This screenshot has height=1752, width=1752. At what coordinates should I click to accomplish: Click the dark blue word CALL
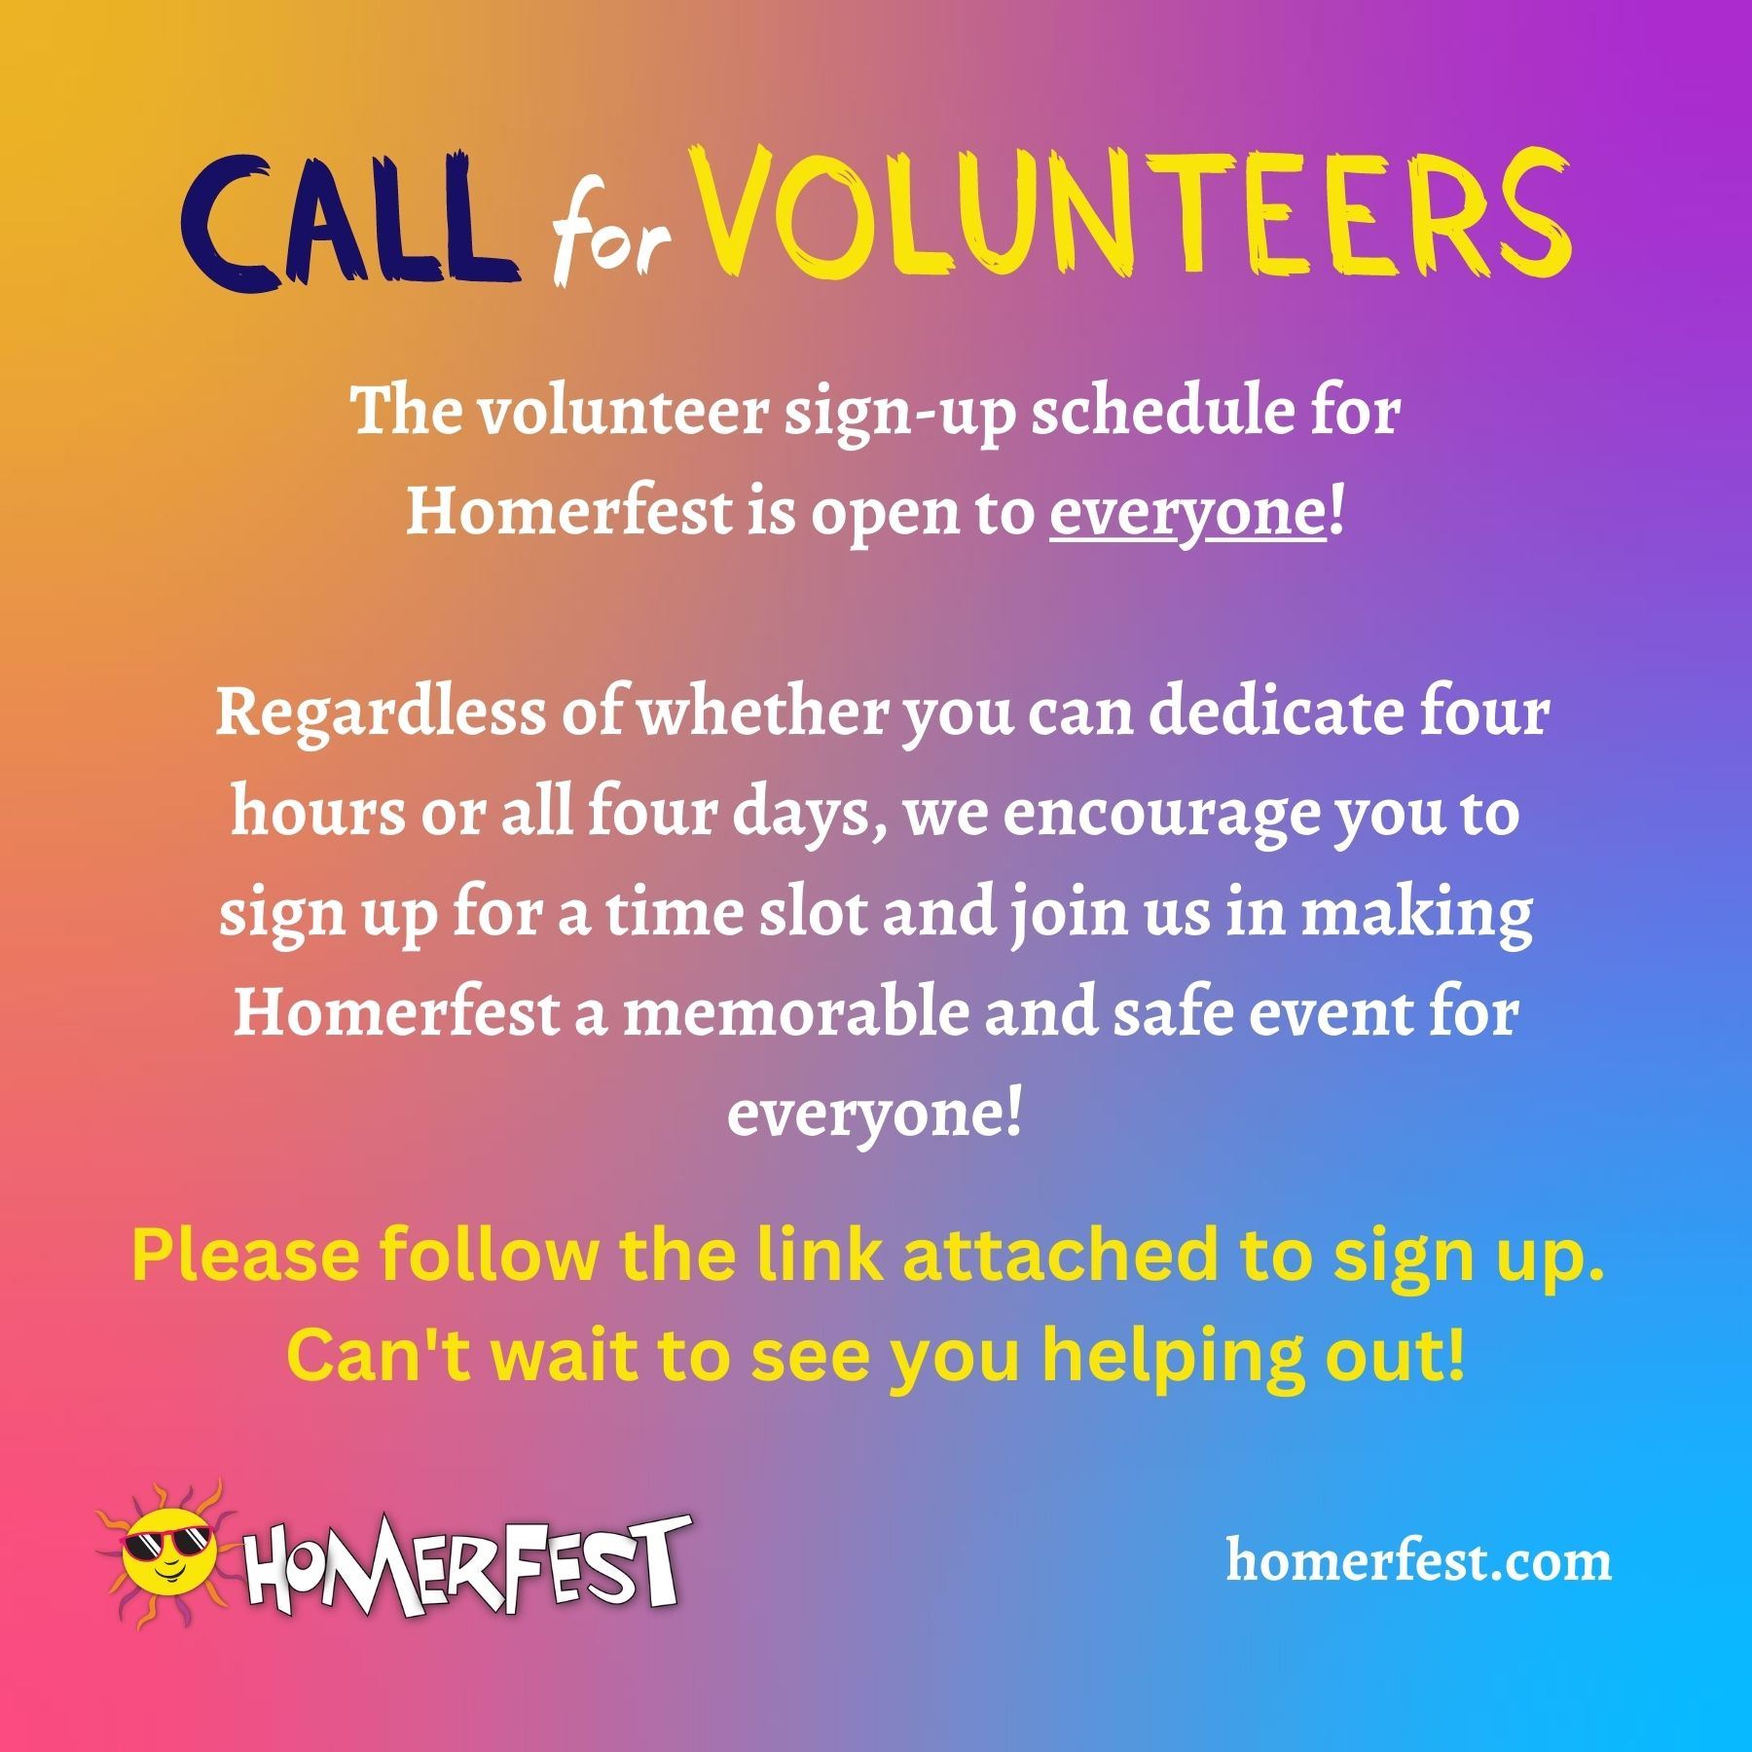pyautogui.click(x=347, y=229)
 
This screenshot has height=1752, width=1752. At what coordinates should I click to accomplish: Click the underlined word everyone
pyautogui.click(x=1187, y=513)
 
